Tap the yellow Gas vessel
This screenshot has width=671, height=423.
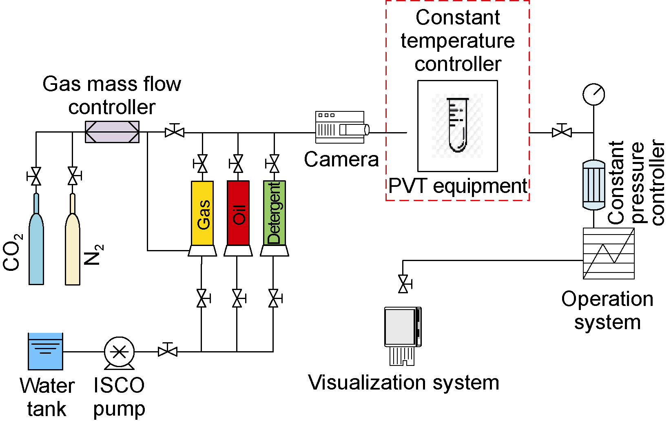point(202,213)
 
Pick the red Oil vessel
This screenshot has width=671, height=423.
point(238,213)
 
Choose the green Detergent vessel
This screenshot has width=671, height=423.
point(274,213)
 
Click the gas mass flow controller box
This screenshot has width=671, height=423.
point(112,132)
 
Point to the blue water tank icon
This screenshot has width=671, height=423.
point(45,351)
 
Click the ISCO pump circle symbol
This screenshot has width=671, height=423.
point(119,352)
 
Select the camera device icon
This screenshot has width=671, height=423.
point(341,127)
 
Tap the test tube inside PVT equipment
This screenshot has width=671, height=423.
point(458,125)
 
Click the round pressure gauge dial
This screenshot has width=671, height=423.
point(593,94)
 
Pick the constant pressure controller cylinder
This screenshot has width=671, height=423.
point(593,185)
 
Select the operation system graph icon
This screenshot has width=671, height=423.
point(609,253)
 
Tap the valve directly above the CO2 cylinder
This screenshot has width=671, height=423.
point(36,176)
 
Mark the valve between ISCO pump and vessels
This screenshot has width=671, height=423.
point(168,351)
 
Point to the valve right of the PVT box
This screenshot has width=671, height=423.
point(562,132)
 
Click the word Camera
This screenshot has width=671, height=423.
point(341,159)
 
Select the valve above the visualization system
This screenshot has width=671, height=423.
point(403,284)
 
